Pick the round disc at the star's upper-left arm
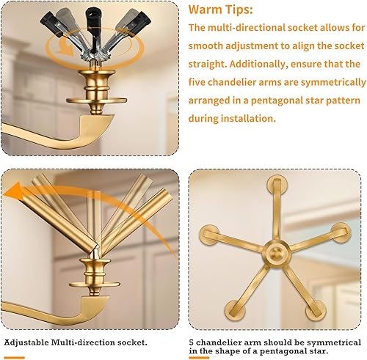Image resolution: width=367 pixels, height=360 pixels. [210, 236]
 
